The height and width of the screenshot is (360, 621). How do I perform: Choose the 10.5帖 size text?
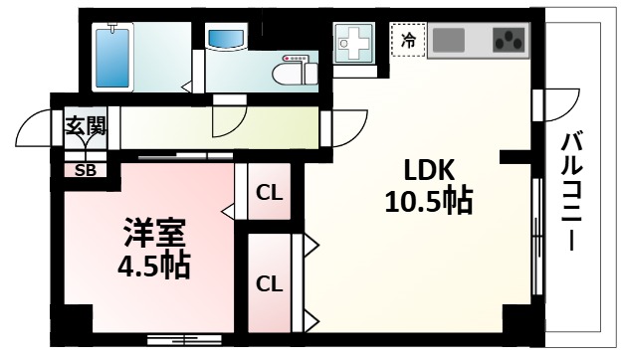pos(428,202)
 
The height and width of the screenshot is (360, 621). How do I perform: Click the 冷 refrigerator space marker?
pos(409,41)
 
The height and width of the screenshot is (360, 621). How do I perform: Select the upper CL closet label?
pos(269,192)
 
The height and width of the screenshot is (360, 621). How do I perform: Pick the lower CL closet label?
pos(269,283)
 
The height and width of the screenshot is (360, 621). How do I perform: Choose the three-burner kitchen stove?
pos(510,41)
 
